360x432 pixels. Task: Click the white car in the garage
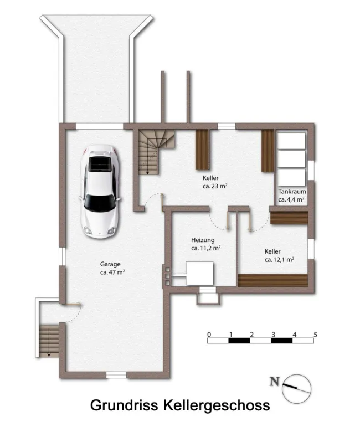(x=100, y=192)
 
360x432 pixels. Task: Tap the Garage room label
(x=110, y=264)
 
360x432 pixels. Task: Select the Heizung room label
(x=203, y=240)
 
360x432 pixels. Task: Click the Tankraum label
(x=292, y=191)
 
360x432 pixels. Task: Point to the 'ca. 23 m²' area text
(x=215, y=186)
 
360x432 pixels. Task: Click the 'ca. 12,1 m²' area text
(x=279, y=260)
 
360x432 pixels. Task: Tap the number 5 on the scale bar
(x=315, y=335)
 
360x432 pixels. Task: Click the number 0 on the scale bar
(x=209, y=335)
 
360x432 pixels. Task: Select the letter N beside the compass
(x=274, y=382)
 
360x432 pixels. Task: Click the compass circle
(x=297, y=375)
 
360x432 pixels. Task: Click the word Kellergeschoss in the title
(x=217, y=405)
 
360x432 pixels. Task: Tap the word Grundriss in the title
(x=124, y=405)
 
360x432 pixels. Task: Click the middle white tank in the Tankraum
(x=291, y=159)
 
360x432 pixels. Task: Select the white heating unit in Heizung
(x=200, y=273)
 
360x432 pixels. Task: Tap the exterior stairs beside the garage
(x=49, y=341)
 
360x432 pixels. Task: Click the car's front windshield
(x=100, y=203)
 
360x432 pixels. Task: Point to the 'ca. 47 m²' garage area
(x=112, y=272)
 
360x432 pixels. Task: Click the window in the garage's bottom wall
(x=116, y=375)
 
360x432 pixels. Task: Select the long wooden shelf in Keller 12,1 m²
(x=272, y=280)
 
